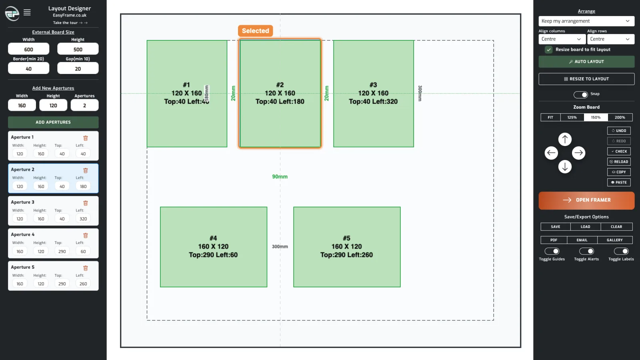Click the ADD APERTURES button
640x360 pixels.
coord(53,122)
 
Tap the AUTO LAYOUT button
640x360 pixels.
coord(586,62)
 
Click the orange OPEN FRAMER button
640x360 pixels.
coord(586,200)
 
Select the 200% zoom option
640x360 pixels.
coord(620,117)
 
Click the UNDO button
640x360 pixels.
coord(619,130)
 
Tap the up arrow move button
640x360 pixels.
coord(565,140)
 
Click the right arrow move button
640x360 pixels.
coord(578,153)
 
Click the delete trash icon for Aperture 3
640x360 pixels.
coord(86,203)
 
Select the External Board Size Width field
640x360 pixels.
coord(28,49)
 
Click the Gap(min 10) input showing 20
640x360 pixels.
coord(78,68)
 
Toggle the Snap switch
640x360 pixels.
coord(580,94)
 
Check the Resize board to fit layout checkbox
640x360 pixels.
coord(548,50)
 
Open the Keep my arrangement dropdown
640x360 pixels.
coord(586,21)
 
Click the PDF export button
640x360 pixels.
coord(554,240)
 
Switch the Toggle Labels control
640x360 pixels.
coord(621,251)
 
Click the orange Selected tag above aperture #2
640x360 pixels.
coord(256,30)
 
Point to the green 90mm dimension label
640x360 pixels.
coord(280,176)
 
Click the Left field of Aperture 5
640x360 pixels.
coord(83,284)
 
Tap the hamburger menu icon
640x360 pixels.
coord(27,12)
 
